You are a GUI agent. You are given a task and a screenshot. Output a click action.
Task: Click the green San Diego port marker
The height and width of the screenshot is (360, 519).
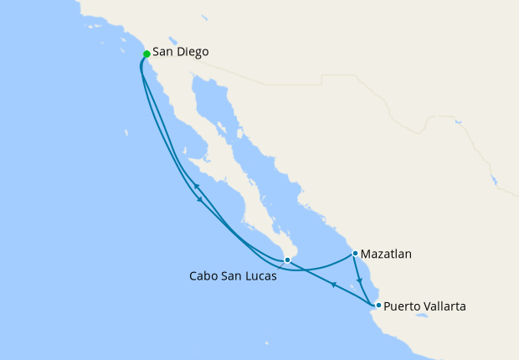coord(146,54)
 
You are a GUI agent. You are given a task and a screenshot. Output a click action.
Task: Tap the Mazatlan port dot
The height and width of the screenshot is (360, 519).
coord(356,253)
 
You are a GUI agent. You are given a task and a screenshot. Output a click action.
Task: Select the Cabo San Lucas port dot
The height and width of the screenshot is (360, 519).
coord(287,260)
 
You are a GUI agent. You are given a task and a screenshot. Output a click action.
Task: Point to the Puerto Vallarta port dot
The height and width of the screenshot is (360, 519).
coord(378,305)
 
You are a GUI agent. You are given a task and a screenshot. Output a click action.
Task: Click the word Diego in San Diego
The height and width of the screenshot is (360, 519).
coord(193,52)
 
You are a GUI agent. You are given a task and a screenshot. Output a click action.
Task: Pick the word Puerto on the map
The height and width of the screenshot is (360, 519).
coord(403,306)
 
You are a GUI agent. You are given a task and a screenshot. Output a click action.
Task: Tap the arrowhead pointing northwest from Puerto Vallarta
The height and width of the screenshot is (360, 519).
coord(333,285)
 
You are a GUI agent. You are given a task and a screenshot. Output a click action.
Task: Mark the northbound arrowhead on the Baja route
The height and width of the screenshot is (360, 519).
coord(194,186)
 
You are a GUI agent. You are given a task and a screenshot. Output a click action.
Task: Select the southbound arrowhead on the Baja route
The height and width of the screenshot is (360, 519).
coord(199,199)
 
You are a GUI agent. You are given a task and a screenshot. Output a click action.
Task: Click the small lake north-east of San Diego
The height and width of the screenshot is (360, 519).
coord(174,39)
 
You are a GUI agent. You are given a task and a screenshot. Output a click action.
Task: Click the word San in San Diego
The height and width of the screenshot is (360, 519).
coord(162,52)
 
